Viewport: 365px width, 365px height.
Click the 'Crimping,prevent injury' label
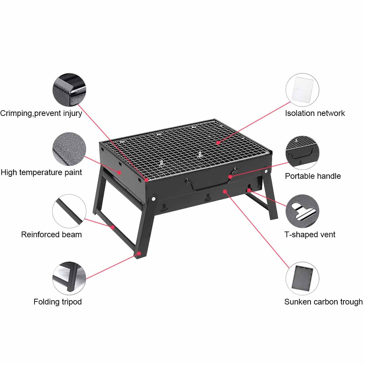pos(41,113)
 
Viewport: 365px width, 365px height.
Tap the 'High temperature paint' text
pos(41,172)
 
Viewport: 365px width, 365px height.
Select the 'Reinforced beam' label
pos(51,235)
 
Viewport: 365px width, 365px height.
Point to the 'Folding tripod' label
pos(57,302)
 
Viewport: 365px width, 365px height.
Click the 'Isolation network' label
pos(315,113)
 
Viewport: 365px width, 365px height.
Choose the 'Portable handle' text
pos(313,176)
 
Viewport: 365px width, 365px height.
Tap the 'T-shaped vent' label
pos(310,235)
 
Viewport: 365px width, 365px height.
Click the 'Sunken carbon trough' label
pos(323,302)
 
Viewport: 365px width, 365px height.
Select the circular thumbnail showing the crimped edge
pos(69,90)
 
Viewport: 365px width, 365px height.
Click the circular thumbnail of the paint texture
pos(69,149)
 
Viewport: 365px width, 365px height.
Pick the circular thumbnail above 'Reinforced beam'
pos(69,211)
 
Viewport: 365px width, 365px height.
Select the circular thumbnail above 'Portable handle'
pos(302,152)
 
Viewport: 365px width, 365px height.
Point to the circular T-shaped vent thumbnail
pos(302,211)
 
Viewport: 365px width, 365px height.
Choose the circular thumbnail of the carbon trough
pos(302,278)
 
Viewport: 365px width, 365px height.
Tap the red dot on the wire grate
pos(218,143)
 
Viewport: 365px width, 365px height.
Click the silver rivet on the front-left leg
pos(154,198)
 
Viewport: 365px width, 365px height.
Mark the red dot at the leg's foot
pos(139,253)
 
